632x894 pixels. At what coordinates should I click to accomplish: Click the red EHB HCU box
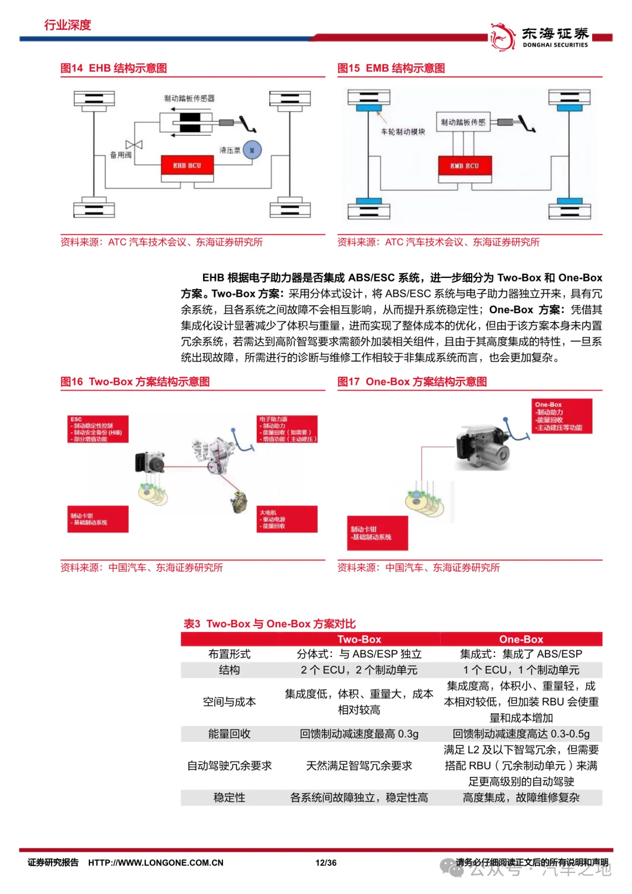click(187, 166)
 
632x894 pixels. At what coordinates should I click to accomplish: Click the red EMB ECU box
click(465, 166)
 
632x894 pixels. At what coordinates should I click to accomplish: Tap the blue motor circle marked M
click(252, 150)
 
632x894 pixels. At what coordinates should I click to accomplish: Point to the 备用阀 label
click(121, 155)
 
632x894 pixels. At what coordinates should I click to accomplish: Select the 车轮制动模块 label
click(403, 132)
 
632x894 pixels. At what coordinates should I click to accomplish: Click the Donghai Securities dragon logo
click(502, 37)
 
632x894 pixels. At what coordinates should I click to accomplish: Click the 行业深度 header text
click(68, 25)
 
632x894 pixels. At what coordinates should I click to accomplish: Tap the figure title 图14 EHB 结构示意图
click(114, 68)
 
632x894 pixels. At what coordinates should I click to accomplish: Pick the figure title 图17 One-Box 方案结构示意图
click(412, 382)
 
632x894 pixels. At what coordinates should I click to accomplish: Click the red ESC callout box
click(98, 429)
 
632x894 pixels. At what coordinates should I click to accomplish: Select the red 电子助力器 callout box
click(287, 429)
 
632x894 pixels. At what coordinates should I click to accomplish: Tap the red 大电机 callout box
click(287, 519)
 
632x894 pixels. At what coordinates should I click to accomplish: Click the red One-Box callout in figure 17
click(562, 416)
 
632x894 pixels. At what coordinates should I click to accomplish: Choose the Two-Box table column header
click(359, 639)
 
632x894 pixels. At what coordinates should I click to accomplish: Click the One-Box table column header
click(521, 639)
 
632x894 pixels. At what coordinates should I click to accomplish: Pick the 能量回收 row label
click(229, 734)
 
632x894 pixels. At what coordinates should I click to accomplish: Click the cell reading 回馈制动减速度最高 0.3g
click(359, 734)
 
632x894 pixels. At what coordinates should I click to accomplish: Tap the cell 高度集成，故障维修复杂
click(521, 797)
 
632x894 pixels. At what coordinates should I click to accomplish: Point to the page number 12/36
click(326, 862)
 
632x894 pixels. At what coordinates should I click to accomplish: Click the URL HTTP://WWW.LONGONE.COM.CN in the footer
click(156, 862)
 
